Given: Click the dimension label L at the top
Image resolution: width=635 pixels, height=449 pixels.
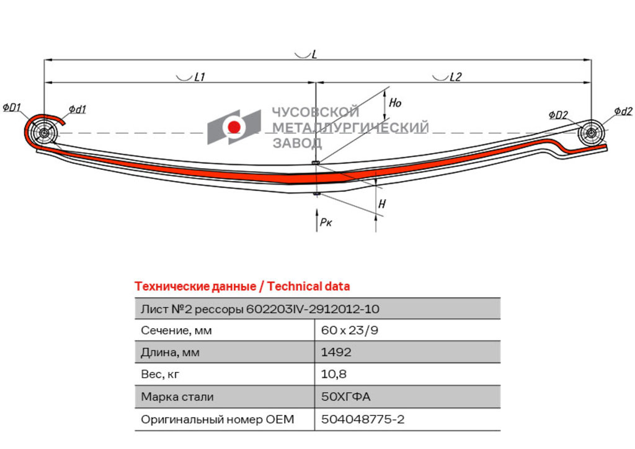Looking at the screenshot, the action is [314, 54].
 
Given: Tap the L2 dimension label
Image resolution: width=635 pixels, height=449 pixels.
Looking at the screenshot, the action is [456, 76].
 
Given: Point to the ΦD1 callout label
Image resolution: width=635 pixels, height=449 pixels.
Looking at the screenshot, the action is [12, 108].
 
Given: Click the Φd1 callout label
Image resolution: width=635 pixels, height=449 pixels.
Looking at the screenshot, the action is [77, 109].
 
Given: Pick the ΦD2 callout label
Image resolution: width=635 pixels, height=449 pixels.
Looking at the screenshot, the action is [558, 115].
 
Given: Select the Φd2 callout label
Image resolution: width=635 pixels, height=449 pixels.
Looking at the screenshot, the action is [623, 111].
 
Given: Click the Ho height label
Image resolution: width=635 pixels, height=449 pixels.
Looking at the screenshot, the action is [395, 103].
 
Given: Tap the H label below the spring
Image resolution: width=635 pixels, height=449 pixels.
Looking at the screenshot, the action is [382, 203].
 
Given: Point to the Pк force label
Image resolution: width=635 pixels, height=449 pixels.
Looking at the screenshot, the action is [326, 222].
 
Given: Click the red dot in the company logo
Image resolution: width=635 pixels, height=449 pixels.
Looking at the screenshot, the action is [234, 127].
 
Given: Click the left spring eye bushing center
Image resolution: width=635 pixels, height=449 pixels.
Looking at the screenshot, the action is [43, 133].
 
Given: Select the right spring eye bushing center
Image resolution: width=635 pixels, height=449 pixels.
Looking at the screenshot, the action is [590, 132].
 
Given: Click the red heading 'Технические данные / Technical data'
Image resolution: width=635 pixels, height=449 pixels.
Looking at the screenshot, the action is [242, 287].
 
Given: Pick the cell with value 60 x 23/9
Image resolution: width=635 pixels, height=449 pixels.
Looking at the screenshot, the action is [350, 331].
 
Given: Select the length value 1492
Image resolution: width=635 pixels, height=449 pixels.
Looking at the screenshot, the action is [336, 352].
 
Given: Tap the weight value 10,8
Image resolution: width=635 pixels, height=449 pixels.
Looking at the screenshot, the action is [334, 374].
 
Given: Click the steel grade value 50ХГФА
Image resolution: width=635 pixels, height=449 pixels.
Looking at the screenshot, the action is [346, 396].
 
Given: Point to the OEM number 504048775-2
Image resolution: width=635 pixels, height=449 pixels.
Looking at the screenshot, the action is [363, 419].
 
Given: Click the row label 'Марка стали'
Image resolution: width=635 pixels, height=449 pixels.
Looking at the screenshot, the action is [177, 397].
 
